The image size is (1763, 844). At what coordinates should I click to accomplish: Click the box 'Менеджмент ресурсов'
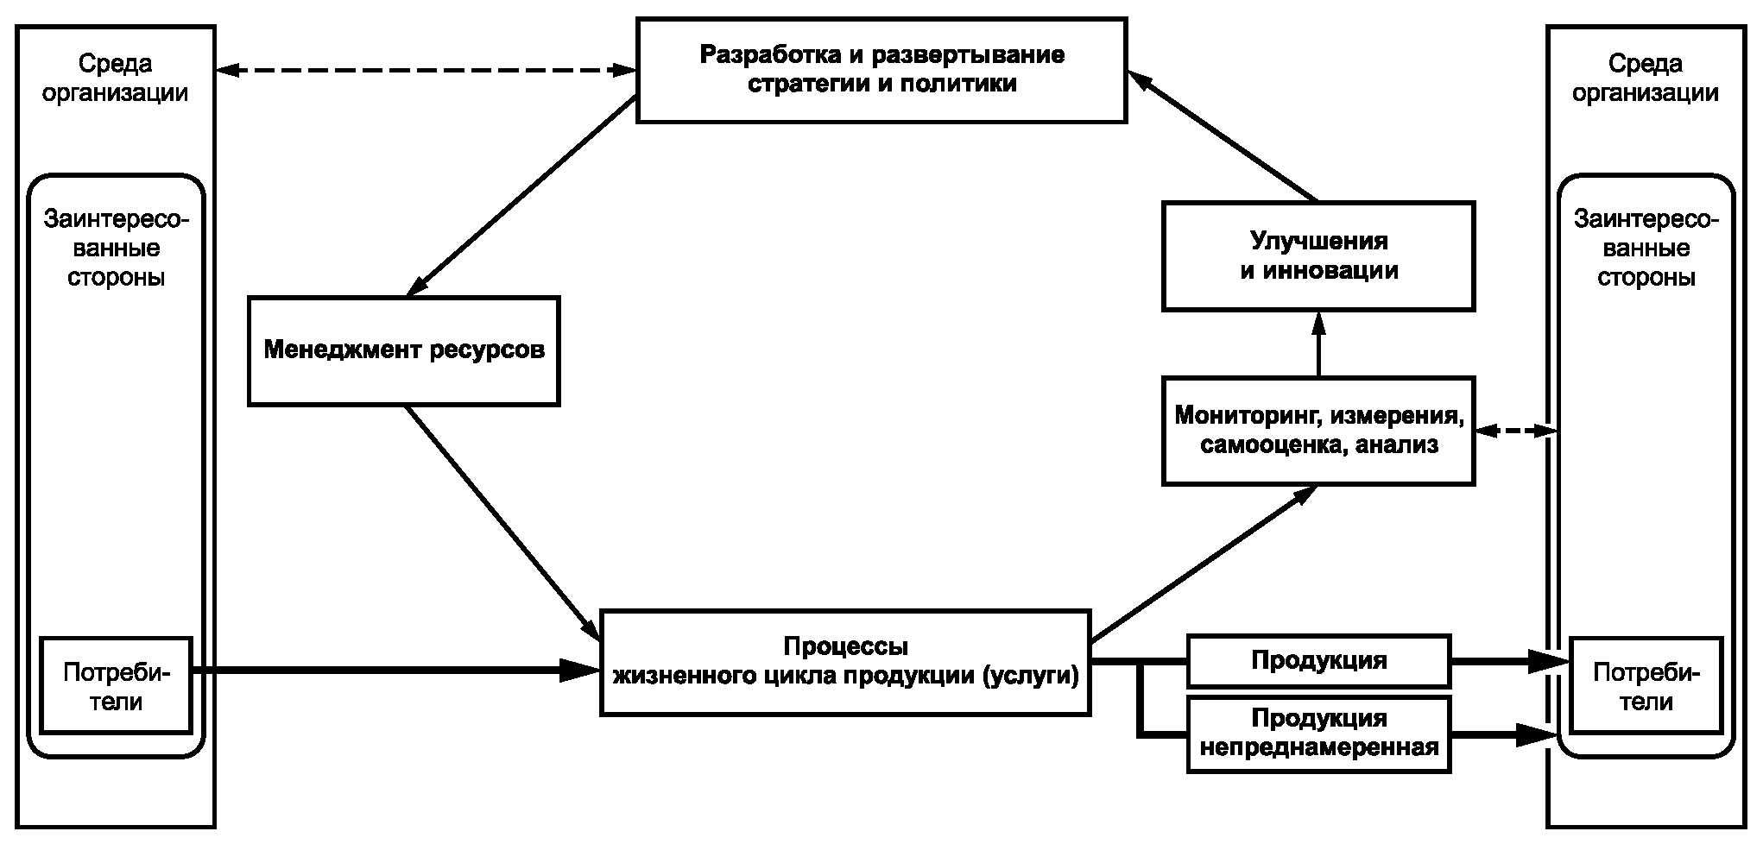403,350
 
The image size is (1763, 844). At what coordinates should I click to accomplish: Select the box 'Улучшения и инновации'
1318,255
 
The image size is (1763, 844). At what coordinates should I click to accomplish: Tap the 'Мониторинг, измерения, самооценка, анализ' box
1318,431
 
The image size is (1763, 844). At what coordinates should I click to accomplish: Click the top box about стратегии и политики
881,70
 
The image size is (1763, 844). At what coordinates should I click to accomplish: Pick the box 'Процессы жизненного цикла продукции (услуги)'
845,662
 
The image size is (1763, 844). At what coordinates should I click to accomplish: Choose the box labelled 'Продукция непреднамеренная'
1318,733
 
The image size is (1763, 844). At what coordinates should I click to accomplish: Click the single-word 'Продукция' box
1318,661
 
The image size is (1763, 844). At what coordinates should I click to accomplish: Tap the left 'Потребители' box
116,686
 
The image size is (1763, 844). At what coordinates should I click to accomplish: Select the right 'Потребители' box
1646,686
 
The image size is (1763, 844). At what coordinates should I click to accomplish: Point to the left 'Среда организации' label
116,78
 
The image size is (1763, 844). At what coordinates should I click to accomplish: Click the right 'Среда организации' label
1646,78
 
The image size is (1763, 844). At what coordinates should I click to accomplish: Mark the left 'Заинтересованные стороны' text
116,249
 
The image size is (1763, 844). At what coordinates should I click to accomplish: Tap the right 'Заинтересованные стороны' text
1646,249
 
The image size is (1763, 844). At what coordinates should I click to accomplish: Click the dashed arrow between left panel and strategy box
426,70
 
